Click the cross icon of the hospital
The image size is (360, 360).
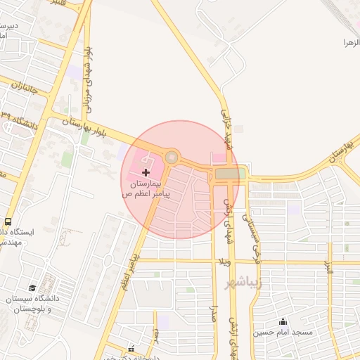(x=146, y=172)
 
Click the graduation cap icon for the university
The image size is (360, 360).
(x=32, y=288)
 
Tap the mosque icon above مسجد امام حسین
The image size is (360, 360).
(x=283, y=321)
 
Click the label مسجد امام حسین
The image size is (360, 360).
(x=288, y=332)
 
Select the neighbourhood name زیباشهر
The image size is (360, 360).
(x=243, y=283)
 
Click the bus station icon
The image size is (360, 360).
(x=8, y=221)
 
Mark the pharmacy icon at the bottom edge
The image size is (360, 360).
(x=131, y=349)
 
